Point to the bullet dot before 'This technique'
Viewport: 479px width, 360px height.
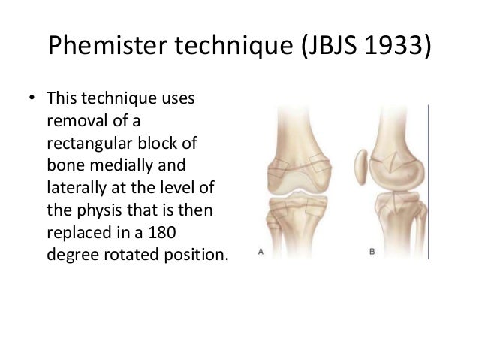pyautogui.click(x=32, y=101)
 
